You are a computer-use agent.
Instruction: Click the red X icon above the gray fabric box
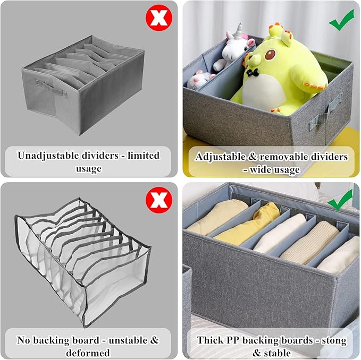tap(159, 18)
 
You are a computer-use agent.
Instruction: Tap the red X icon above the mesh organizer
tap(159, 200)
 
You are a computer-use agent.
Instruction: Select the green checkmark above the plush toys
tap(342, 20)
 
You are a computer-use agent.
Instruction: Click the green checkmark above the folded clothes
tap(340, 200)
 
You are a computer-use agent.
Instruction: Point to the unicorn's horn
tap(239, 30)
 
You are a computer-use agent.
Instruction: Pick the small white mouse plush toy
tap(200, 80)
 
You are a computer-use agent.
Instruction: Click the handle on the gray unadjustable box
tap(51, 89)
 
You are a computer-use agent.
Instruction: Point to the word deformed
tap(88, 353)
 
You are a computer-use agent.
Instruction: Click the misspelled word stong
tap(334, 340)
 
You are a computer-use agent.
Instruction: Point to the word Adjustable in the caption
tap(220, 157)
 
